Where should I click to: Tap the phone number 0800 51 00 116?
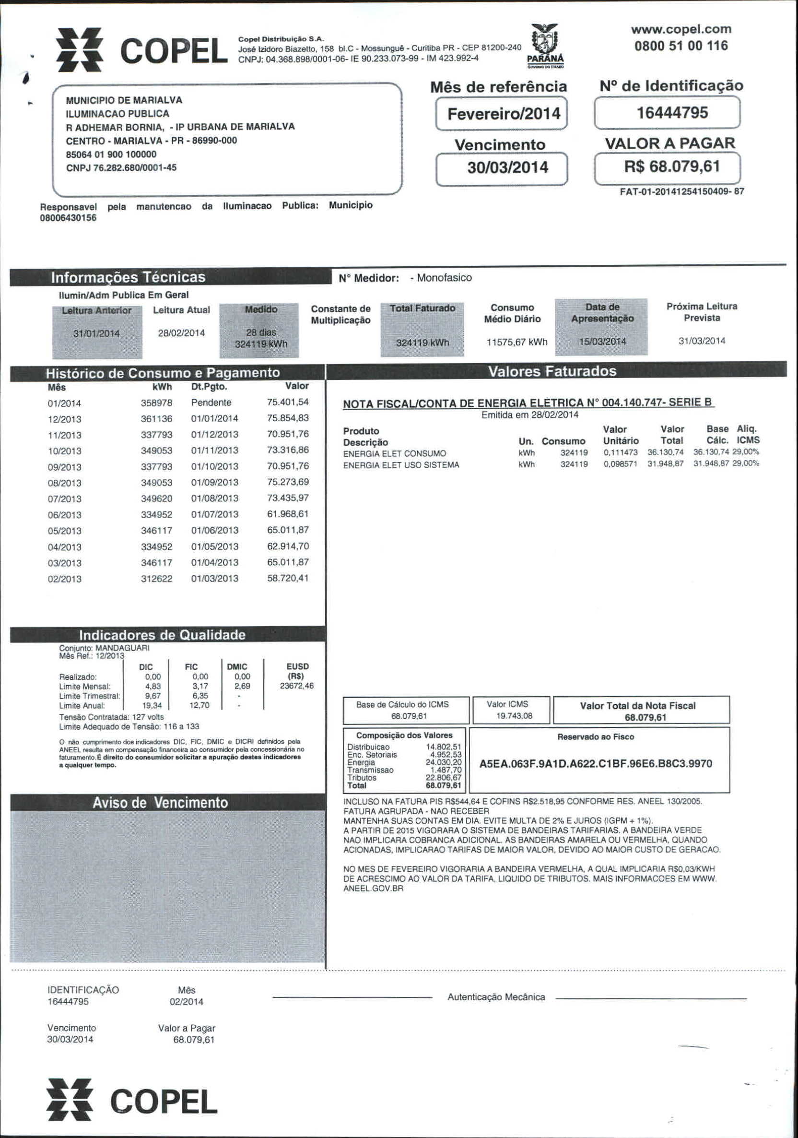[681, 46]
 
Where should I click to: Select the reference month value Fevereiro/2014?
[503, 114]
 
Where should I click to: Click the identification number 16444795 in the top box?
[672, 113]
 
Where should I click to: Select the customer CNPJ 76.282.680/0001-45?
[121, 167]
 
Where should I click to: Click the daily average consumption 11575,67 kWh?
[516, 342]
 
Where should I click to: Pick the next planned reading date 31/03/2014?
[702, 341]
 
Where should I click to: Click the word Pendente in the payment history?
[211, 403]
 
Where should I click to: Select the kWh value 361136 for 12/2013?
[156, 419]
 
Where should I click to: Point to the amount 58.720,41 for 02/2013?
[287, 579]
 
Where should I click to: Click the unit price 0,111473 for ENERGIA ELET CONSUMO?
[620, 452]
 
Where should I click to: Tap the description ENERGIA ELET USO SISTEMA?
[401, 465]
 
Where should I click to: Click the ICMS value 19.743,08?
[514, 716]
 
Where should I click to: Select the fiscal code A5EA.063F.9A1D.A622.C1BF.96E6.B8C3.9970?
[596, 763]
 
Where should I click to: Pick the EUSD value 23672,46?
[297, 686]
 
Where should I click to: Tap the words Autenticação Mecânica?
[496, 997]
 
